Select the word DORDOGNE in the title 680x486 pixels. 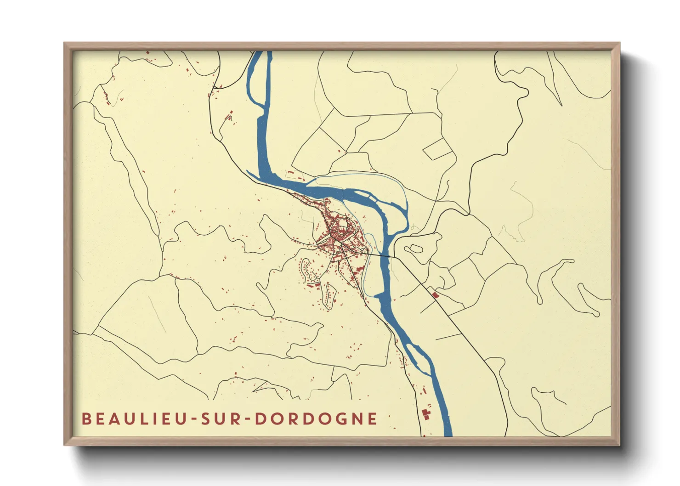coord(316,418)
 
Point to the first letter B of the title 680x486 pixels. coord(86,418)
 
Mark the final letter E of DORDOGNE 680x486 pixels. coord(373,418)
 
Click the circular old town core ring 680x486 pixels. coord(341,228)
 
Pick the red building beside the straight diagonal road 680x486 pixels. coord(435,294)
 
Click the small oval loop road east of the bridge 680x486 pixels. coord(414,249)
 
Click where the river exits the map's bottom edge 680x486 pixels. coord(447,434)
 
